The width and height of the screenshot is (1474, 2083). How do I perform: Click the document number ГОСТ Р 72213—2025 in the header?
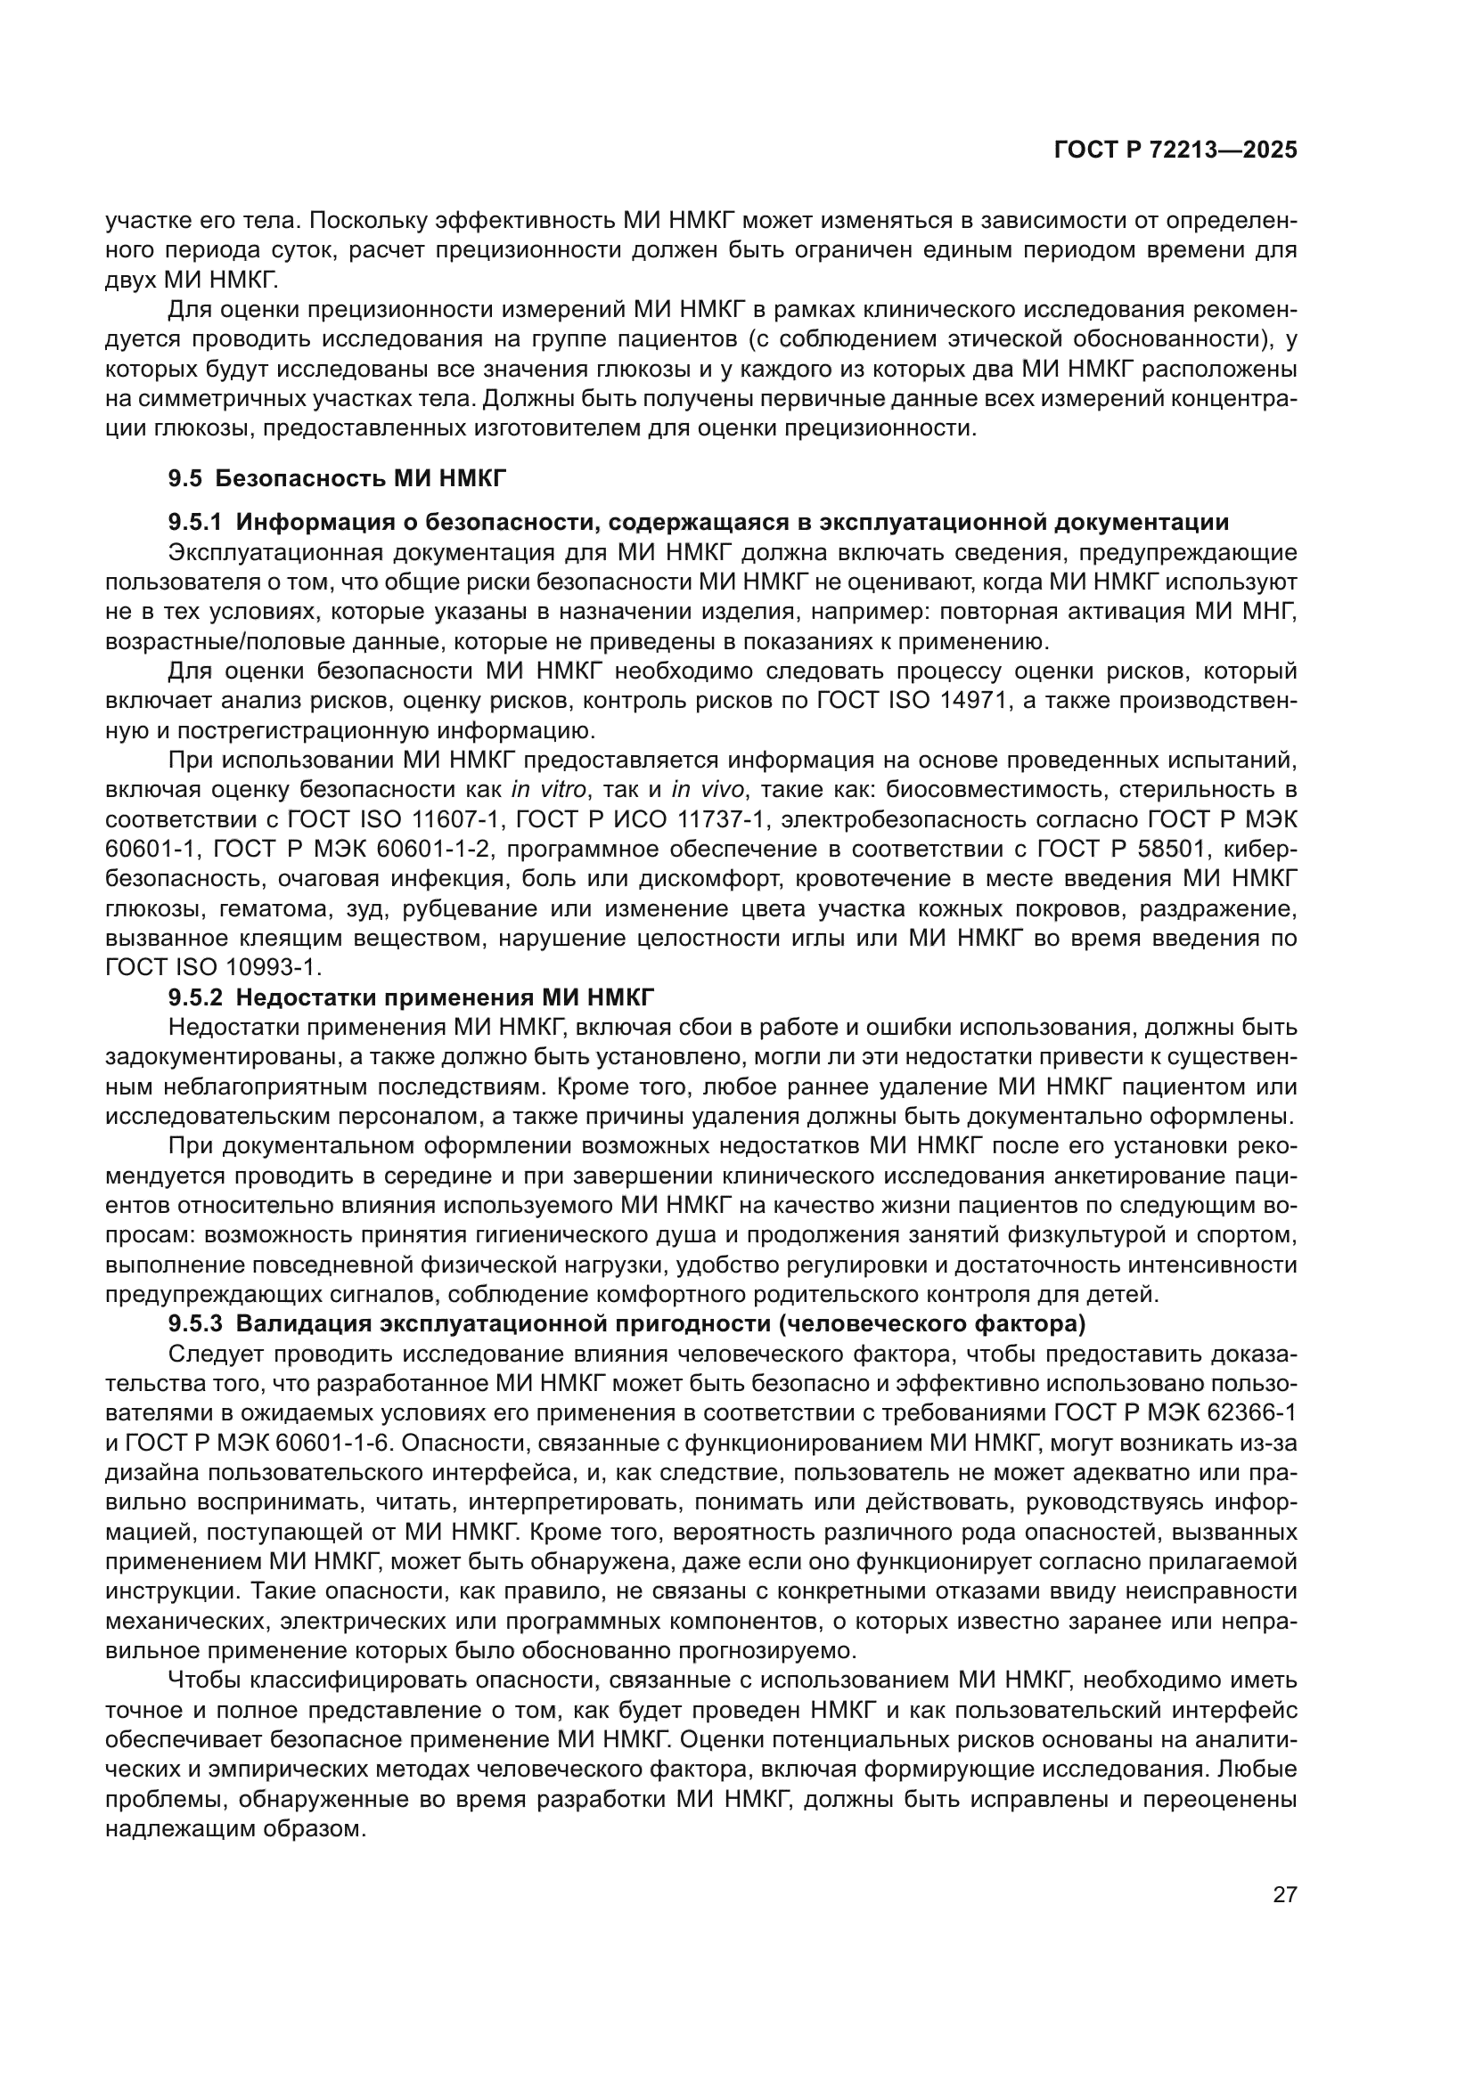[1175, 151]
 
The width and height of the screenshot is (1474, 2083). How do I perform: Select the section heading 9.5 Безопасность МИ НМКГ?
[338, 478]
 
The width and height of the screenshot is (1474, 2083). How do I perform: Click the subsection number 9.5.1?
[195, 523]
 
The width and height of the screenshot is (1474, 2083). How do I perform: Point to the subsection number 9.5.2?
[195, 998]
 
